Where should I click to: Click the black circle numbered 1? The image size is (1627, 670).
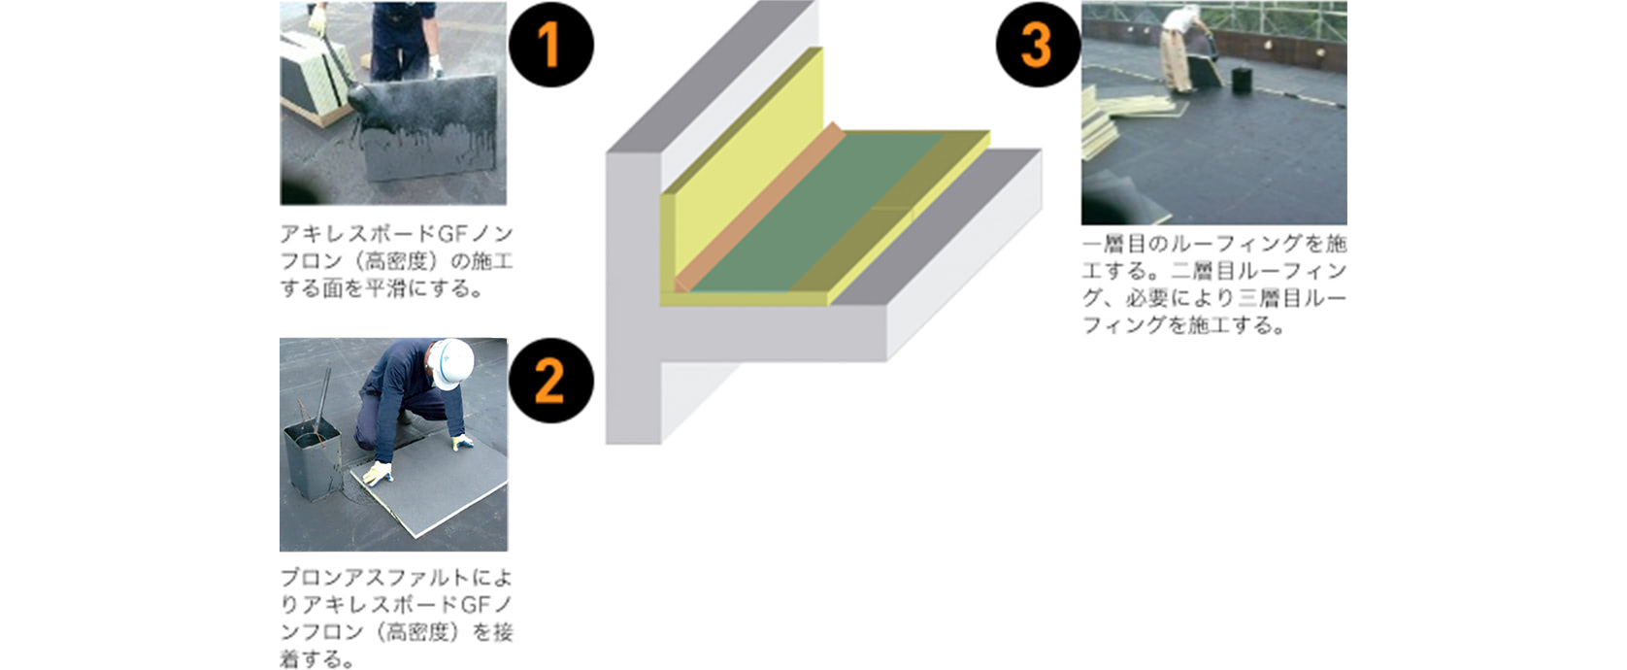click(550, 45)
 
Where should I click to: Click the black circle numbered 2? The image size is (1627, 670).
click(550, 380)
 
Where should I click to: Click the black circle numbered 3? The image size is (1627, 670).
click(1037, 45)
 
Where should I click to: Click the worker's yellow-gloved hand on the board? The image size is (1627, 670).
click(376, 474)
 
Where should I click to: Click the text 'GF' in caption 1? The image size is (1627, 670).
click(454, 234)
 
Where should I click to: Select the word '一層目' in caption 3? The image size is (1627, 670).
click(1116, 244)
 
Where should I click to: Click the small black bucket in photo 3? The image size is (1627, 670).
click(1239, 78)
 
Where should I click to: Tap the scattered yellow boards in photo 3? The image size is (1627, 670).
click(1116, 117)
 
